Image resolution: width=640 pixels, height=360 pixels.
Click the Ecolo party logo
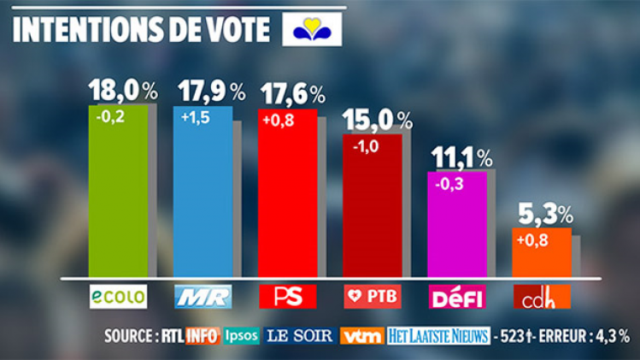tap(118, 296)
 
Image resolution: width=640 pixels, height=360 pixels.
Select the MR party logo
tap(203, 296)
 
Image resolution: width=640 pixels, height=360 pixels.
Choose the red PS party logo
tap(287, 296)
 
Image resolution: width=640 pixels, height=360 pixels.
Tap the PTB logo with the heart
tap(372, 296)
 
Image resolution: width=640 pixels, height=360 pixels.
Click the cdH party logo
tap(541, 296)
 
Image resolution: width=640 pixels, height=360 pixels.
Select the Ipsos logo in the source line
tap(241, 335)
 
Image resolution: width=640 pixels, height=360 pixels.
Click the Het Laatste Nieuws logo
tap(438, 335)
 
